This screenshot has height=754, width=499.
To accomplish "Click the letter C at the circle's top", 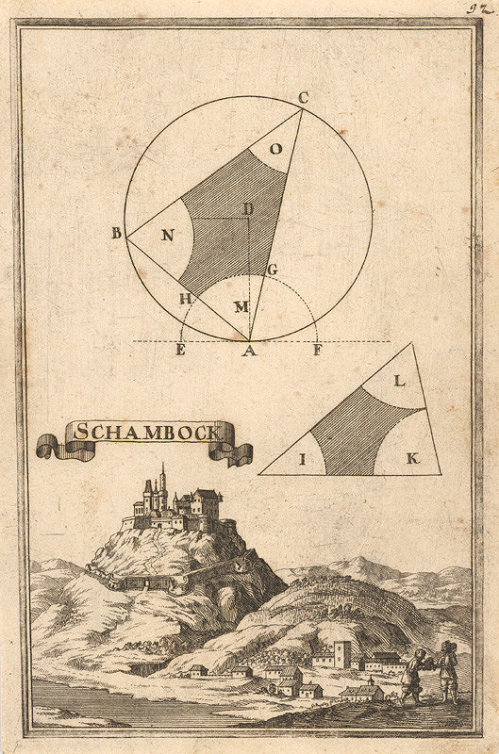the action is (303, 97).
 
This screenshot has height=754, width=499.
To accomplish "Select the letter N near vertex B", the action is (167, 237).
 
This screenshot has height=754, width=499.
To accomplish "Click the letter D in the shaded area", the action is (248, 208).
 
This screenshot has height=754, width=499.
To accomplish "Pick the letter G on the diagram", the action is (273, 270).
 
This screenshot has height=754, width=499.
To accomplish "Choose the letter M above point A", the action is (241, 307).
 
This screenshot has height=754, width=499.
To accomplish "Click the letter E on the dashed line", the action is (180, 352).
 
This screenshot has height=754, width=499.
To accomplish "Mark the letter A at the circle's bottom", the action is (248, 352).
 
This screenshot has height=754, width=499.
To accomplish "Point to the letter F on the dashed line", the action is (316, 352).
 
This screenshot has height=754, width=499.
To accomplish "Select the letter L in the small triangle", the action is (399, 382).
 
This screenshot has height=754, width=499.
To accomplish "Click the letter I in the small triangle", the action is (303, 459).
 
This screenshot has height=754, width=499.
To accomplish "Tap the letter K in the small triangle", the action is (411, 459).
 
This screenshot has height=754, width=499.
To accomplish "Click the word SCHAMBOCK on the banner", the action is (145, 433).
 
